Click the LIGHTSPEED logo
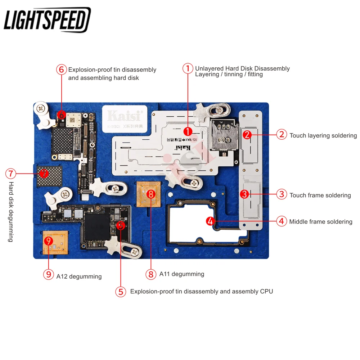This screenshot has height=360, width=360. click(x=47, y=20)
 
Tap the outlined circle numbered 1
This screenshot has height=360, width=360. click(x=188, y=69)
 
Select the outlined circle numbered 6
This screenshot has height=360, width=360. click(x=62, y=69)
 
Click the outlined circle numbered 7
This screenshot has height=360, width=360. click(x=11, y=174)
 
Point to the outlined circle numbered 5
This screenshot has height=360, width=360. click(x=121, y=291)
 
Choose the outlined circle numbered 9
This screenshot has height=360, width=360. click(x=48, y=274)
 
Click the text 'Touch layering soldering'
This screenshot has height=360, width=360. click(x=323, y=136)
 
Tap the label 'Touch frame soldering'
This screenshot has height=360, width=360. click(x=320, y=195)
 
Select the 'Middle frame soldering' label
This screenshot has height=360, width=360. click(x=320, y=222)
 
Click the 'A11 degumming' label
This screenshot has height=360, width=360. click(x=181, y=274)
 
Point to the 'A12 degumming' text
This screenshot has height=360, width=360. click(x=79, y=276)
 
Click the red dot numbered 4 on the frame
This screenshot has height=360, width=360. click(x=211, y=221)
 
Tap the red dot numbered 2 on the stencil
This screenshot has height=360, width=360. click(x=247, y=135)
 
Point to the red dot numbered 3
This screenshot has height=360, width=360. click(x=244, y=194)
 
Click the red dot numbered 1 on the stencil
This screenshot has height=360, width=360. click(x=188, y=131)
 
